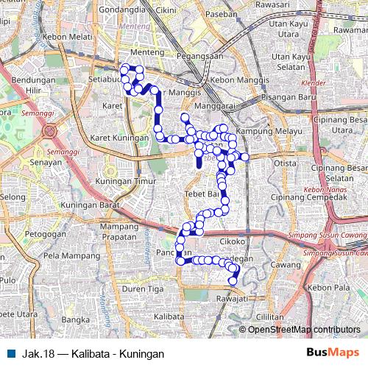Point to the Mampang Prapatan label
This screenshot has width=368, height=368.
pyautogui.click(x=119, y=230)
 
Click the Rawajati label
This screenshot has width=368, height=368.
pyautogui.click(x=233, y=298)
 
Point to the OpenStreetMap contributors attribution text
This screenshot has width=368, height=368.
pyautogui.click(x=304, y=330)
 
